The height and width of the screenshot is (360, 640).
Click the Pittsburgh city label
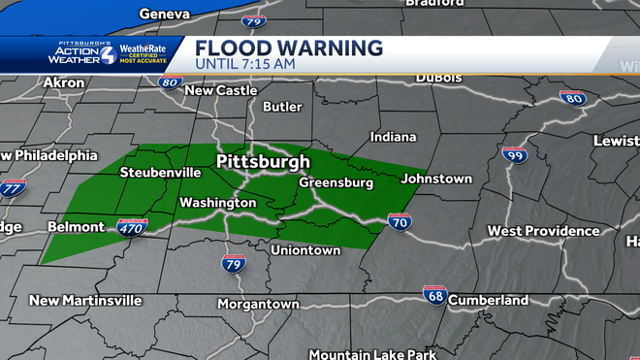tap(263, 161)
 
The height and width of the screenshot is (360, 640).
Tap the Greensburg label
tap(336, 182)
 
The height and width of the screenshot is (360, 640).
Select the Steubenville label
tap(160, 173)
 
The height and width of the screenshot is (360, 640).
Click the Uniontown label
tap(304, 250)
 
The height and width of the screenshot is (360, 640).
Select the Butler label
tap(282, 107)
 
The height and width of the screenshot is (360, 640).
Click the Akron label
tap(64, 83)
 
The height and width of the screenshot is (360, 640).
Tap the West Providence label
tap(543, 231)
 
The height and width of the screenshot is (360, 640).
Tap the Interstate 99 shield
tap(515, 155)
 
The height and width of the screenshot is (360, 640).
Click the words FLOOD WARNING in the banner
tap(288, 48)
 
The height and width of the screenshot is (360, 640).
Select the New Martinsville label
tap(85, 301)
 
